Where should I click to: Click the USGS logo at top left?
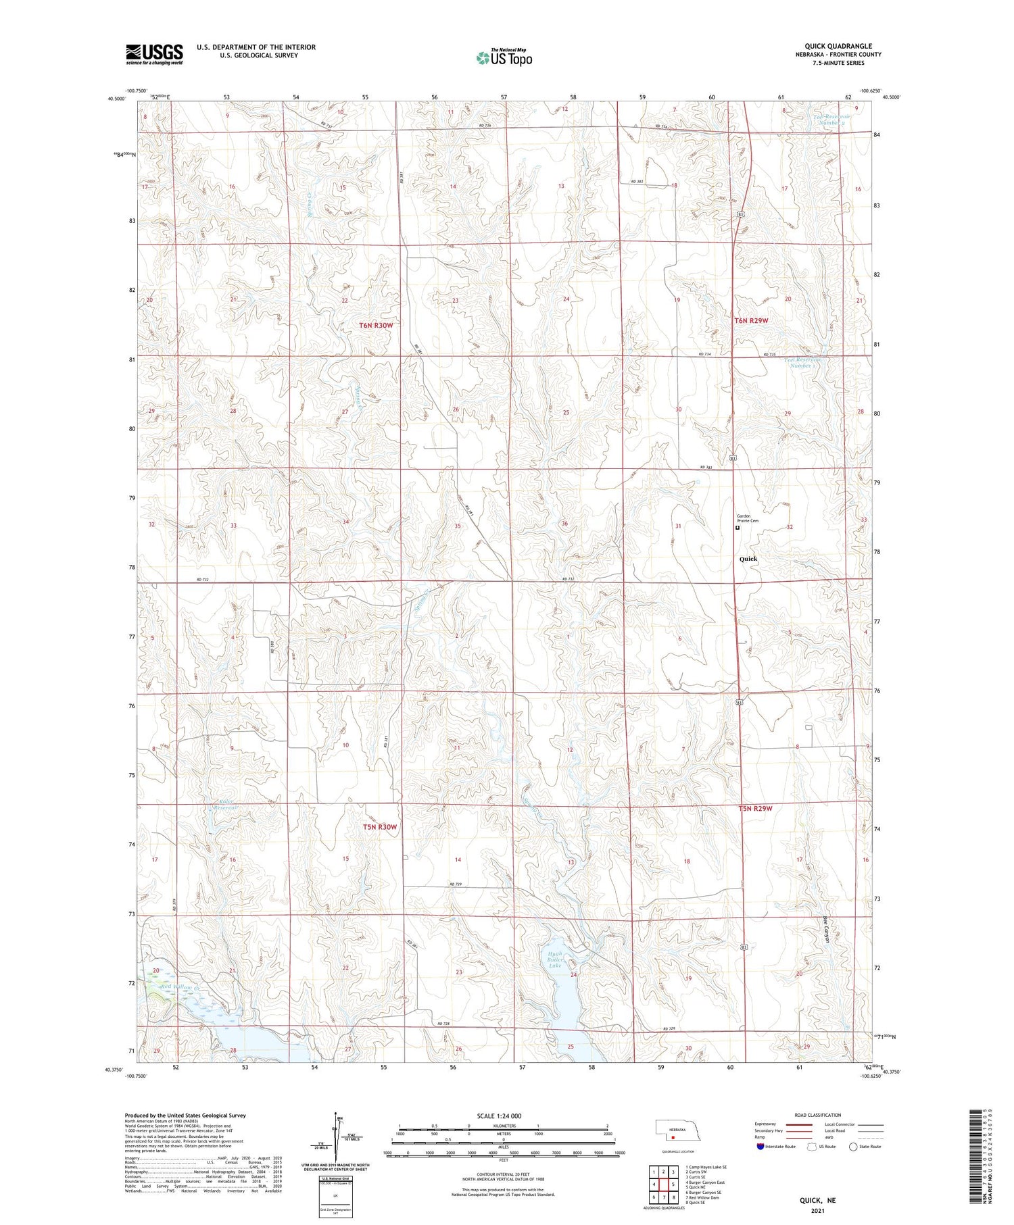point(154,55)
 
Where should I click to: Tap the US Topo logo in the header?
point(504,58)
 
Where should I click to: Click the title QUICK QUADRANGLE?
point(838,46)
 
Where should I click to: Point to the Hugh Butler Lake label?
point(555,960)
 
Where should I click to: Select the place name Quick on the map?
point(748,559)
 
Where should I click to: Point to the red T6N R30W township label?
point(376,326)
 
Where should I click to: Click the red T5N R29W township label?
point(755,809)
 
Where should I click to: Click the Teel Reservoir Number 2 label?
point(831,120)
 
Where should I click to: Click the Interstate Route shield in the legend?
point(760,1147)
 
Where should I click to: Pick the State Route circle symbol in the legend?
point(853,1147)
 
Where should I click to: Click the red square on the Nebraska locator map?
point(673,1136)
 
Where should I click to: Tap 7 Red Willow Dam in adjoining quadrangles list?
point(704,1197)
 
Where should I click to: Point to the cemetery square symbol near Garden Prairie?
point(738,528)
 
